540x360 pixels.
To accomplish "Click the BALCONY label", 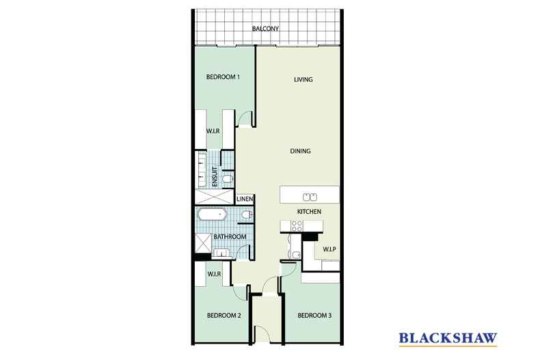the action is (x=265, y=29).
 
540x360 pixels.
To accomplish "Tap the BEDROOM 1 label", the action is (x=223, y=77).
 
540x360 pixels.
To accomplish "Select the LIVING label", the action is (x=303, y=79).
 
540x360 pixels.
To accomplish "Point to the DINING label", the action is (x=300, y=151).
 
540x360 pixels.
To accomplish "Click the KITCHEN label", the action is (x=309, y=212).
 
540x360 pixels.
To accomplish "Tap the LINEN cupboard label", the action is (x=245, y=199).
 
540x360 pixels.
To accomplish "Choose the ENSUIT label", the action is (x=215, y=177).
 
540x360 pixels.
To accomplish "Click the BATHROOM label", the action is (x=230, y=237).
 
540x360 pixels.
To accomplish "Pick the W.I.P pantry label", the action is (x=329, y=249).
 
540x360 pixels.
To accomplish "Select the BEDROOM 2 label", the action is (x=224, y=316).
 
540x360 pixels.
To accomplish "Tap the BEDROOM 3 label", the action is (x=314, y=316).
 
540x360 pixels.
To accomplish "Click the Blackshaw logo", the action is (x=448, y=338).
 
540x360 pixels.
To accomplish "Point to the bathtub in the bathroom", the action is (x=212, y=214).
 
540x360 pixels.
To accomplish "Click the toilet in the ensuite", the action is (x=228, y=179).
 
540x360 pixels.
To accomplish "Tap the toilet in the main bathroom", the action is (x=247, y=214).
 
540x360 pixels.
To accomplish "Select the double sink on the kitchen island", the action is (x=310, y=197).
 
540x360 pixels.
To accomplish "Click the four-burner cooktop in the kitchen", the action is (x=297, y=226).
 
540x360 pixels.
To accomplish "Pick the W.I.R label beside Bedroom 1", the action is (x=213, y=131).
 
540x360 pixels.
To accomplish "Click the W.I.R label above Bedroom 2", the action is (x=214, y=274).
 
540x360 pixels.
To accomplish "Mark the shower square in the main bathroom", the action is (x=203, y=243).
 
